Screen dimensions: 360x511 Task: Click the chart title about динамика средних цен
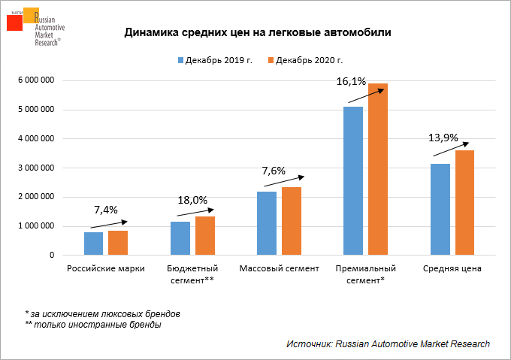point(258,33)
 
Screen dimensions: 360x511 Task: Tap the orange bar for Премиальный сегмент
point(377,170)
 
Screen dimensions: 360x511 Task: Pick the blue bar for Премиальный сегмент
point(353,181)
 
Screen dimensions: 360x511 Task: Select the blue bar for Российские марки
point(94,244)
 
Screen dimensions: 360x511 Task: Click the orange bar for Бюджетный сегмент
point(204,236)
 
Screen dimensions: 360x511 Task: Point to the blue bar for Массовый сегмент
point(267,223)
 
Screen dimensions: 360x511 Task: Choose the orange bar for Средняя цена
point(464,203)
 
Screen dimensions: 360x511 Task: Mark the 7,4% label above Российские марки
point(105,209)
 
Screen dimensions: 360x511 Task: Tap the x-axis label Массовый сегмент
point(279,268)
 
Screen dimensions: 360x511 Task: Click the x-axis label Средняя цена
point(452,268)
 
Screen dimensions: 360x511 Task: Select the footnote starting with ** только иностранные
point(92,325)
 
